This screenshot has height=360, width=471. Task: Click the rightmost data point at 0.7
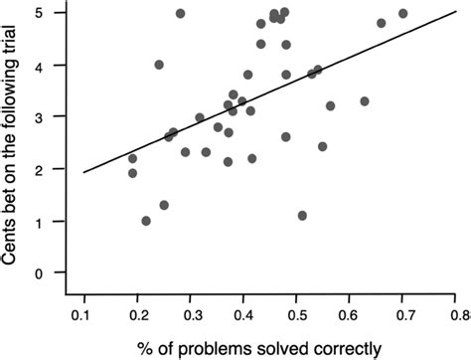click(402, 14)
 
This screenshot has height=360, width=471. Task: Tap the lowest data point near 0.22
click(146, 221)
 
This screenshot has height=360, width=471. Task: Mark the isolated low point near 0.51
click(302, 216)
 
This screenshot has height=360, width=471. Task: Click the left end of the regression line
click(83, 173)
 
